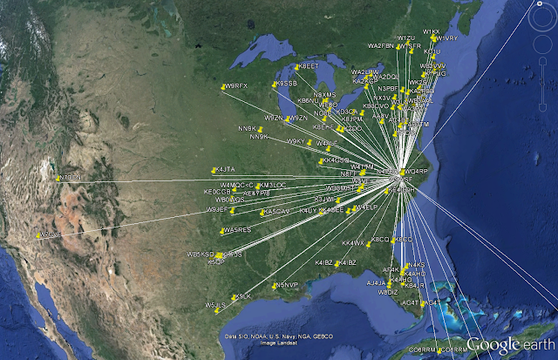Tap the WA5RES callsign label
click(x=238, y=230)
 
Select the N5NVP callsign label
click(x=287, y=285)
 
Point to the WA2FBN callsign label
click(x=381, y=46)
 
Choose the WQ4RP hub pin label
click(x=418, y=172)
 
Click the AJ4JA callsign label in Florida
click(x=376, y=283)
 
